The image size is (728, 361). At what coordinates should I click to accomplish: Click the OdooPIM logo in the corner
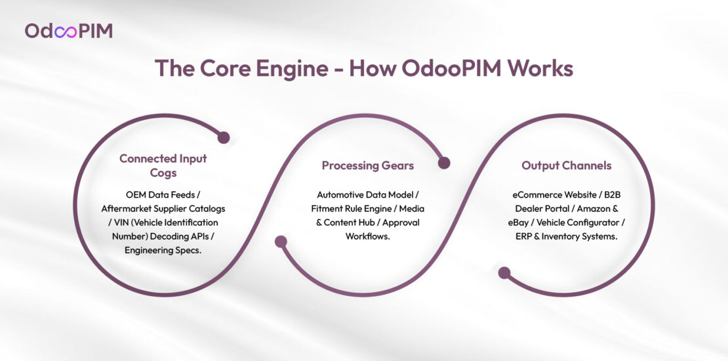coord(68,30)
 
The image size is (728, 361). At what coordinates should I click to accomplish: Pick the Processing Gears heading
coord(367,165)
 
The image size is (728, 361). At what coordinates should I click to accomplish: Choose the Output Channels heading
coord(566,165)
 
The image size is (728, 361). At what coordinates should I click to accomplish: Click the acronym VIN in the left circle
coord(116,223)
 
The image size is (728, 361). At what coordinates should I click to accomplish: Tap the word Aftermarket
coord(128,209)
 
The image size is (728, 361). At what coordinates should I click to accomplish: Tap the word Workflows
coord(367,236)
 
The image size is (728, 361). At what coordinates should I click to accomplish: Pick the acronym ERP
coord(526,236)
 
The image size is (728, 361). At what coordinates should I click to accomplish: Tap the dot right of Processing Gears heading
coord(444,163)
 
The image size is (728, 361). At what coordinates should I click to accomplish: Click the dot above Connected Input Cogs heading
coord(223,138)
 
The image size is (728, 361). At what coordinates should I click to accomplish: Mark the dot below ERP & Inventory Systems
coord(504,272)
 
